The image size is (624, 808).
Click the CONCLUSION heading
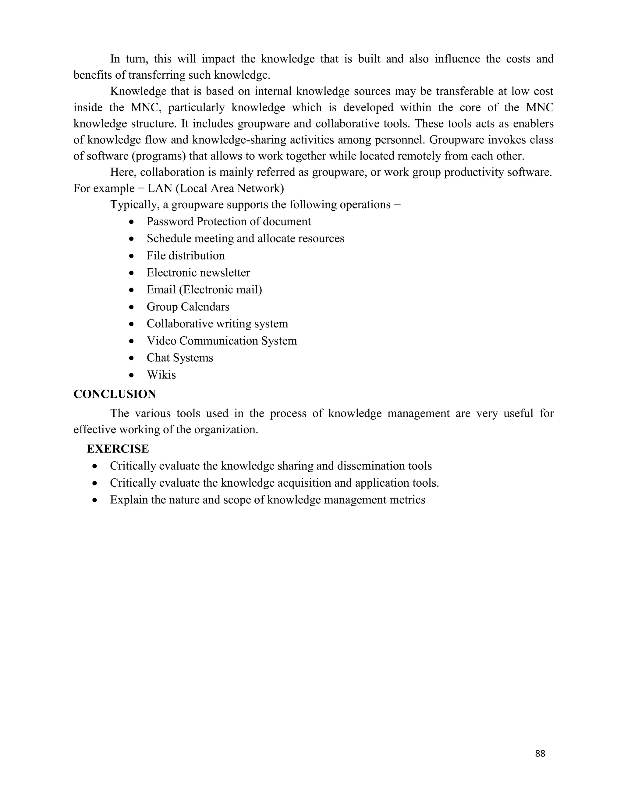(115, 394)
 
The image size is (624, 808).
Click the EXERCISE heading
(118, 449)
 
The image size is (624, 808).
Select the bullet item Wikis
(161, 375)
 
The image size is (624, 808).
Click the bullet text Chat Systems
(180, 358)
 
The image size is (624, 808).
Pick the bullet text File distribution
(186, 256)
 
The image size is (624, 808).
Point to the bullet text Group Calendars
(188, 307)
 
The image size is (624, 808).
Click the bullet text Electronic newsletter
(198, 273)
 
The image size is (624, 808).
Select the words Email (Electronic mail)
(204, 290)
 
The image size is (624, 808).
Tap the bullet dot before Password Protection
(132, 222)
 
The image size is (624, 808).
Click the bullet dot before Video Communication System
(132, 341)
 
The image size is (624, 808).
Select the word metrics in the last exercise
(409, 500)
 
